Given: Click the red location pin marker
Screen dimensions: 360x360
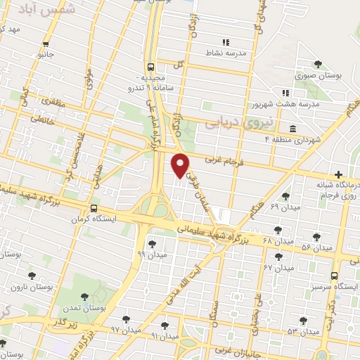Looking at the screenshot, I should (x=181, y=165).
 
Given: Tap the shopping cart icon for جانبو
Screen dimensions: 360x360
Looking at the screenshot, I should (x=46, y=41).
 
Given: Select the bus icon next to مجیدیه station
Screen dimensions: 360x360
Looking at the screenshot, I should (x=150, y=67).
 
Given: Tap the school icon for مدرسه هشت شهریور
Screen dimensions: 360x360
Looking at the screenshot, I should (x=285, y=92).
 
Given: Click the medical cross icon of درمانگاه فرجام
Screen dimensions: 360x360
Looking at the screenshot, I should (x=339, y=174).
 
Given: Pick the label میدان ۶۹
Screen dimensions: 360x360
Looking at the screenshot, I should (x=285, y=208).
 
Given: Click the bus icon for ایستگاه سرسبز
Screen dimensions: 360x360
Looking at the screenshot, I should (x=335, y=277).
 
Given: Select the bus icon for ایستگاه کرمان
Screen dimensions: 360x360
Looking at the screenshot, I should (x=94, y=209).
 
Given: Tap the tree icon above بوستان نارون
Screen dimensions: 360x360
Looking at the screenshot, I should (x=31, y=276).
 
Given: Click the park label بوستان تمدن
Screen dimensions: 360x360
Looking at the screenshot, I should (x=89, y=308).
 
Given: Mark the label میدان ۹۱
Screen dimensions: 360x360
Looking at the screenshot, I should (x=165, y=335).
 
